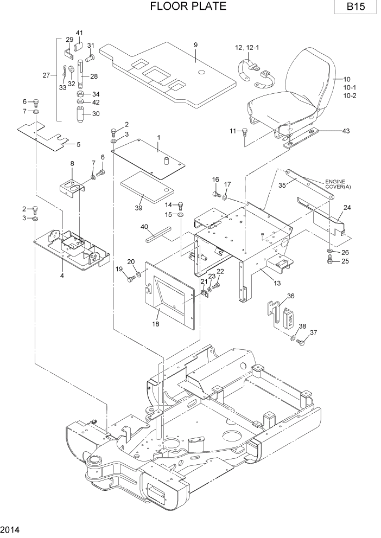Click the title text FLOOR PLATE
pyautogui.click(x=187, y=7)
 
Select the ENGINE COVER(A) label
pyautogui.click(x=339, y=184)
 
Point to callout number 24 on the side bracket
pyautogui.click(x=346, y=207)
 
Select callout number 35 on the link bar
pyautogui.click(x=282, y=185)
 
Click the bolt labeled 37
pyautogui.click(x=302, y=342)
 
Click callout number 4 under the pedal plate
pyautogui.click(x=62, y=276)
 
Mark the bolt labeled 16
pyautogui.click(x=216, y=193)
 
